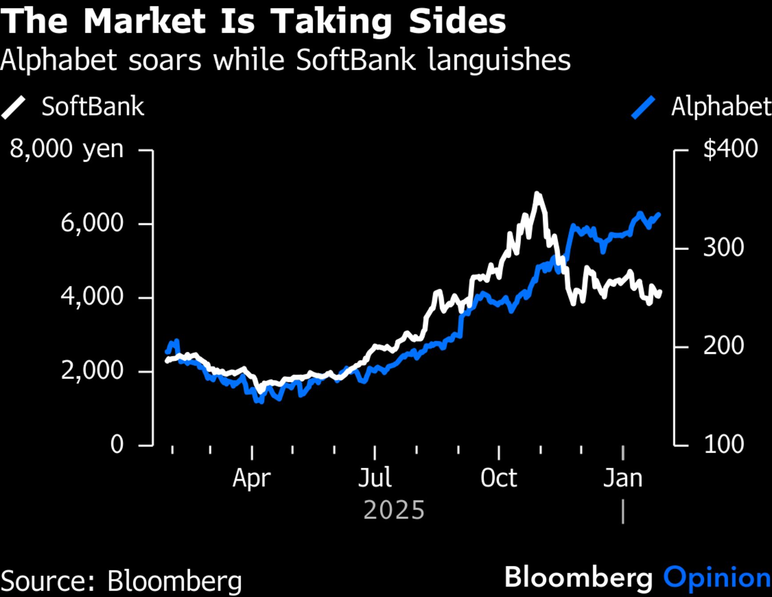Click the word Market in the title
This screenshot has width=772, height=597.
click(x=145, y=21)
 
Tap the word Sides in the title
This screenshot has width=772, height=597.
click(x=457, y=21)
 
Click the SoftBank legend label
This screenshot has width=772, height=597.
click(x=93, y=107)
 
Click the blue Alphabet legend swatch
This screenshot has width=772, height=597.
click(x=643, y=107)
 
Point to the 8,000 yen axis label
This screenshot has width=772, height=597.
click(x=67, y=149)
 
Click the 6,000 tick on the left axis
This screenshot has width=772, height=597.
click(x=92, y=223)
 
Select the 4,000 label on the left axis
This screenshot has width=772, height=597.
click(x=92, y=296)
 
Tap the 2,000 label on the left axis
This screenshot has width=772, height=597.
click(x=92, y=370)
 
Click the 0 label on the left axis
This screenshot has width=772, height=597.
click(x=116, y=444)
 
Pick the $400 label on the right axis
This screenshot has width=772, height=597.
click(x=730, y=149)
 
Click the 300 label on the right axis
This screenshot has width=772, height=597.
click(x=723, y=247)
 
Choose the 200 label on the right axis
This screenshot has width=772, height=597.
click(x=723, y=346)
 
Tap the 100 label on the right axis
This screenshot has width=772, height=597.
click(x=723, y=444)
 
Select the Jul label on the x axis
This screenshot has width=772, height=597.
click(x=375, y=478)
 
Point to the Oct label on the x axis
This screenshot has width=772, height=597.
click(x=499, y=478)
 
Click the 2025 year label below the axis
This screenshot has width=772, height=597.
click(x=394, y=510)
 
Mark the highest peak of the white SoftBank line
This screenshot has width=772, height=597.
click(x=537, y=194)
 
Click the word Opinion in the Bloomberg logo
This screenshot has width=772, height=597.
click(x=717, y=578)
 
